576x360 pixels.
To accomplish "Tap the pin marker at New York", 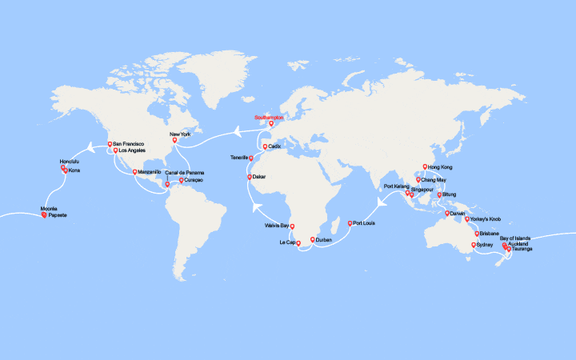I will [x=174, y=140].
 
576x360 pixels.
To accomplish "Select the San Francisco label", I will [x=126, y=144].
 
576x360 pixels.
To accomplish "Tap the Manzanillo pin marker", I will [x=135, y=171].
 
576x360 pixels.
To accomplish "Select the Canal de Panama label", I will [x=184, y=172].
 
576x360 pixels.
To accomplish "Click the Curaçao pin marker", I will [x=182, y=180].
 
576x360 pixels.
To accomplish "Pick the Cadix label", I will [x=278, y=147].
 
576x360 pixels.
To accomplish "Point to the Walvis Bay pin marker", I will [x=292, y=226].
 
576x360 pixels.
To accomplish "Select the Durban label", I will [x=324, y=239].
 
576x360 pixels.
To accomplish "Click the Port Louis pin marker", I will [x=350, y=222].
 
